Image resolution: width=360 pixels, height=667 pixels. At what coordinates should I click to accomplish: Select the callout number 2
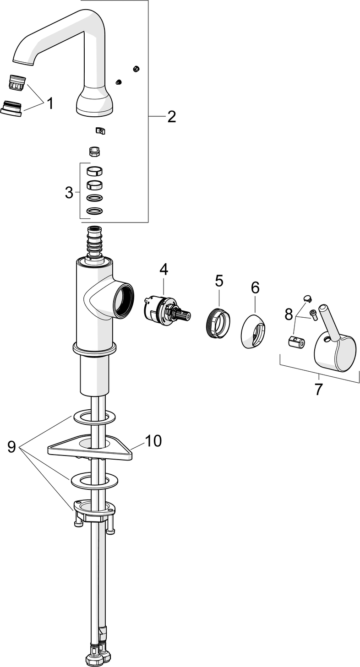171,117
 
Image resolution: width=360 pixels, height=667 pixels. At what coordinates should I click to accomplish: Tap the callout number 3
69,193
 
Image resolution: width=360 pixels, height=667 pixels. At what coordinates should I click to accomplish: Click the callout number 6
255,287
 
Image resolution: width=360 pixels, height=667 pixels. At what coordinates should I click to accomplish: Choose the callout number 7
318,389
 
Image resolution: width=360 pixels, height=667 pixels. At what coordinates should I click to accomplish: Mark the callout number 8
289,314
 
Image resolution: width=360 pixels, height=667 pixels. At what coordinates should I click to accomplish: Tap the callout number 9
12,446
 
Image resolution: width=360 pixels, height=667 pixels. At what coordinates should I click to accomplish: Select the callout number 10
153,440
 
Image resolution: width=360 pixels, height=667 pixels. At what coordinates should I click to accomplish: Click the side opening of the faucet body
123,300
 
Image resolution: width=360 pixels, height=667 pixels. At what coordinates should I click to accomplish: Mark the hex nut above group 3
94,151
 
